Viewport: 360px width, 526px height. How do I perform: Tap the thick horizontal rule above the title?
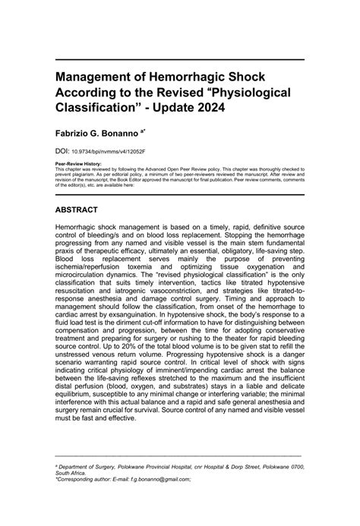(x=180, y=59)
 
